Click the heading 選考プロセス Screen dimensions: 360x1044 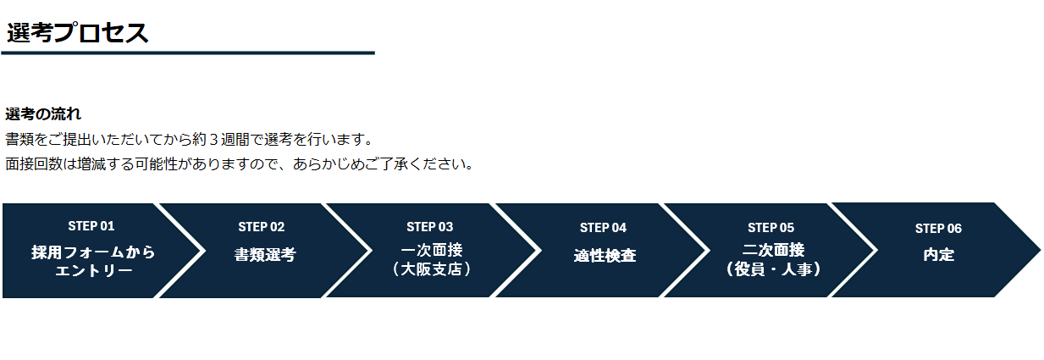[x=78, y=33]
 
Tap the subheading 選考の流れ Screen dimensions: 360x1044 [x=43, y=114]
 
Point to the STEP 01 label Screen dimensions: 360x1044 [x=91, y=226]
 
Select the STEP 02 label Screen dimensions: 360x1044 [x=262, y=227]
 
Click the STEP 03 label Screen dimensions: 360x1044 [x=430, y=227]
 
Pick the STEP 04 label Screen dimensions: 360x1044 [x=603, y=228]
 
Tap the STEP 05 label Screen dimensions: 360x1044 [x=771, y=228]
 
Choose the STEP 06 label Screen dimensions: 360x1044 [x=938, y=229]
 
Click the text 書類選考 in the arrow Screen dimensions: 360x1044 [x=265, y=255]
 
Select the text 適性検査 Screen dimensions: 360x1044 [x=605, y=255]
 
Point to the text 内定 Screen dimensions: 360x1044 [x=939, y=255]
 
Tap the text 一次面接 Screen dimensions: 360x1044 [x=432, y=251]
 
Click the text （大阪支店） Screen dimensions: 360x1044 [x=432, y=269]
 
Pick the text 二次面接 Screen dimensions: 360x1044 [x=773, y=251]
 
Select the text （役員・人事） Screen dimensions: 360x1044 [x=773, y=269]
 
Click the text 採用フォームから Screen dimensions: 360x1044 [x=94, y=252]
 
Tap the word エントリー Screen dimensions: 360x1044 [x=94, y=271]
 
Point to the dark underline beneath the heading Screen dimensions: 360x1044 [x=188, y=53]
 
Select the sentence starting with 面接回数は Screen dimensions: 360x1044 [x=240, y=163]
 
